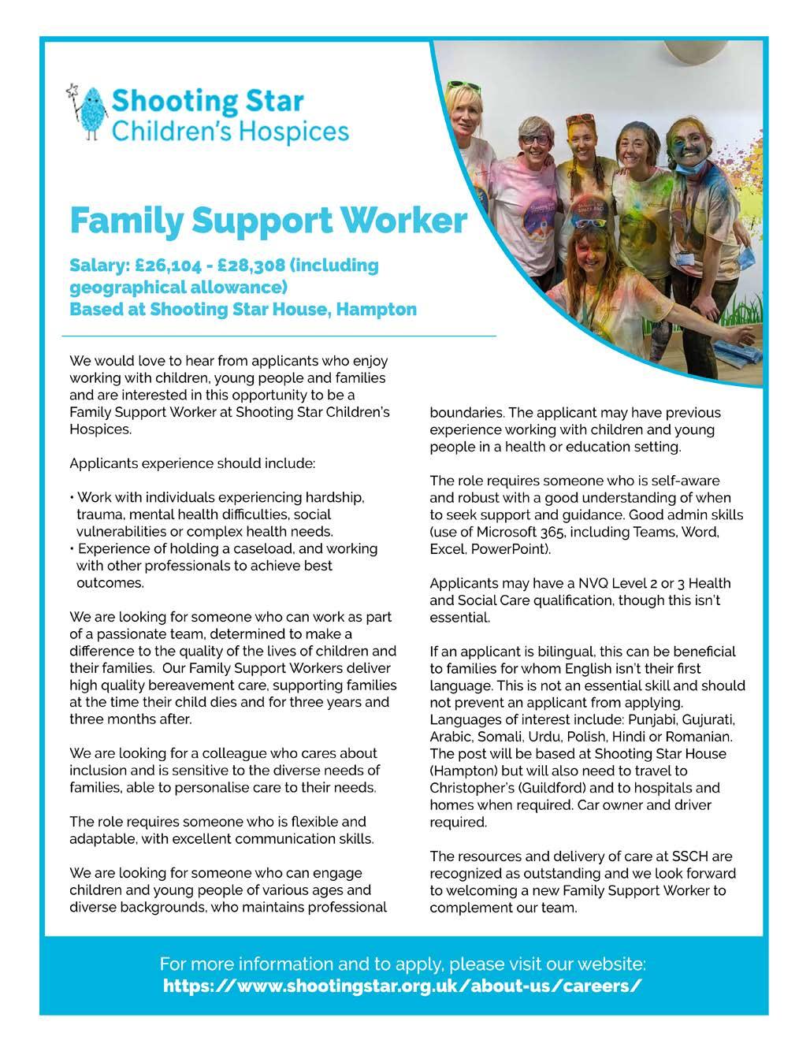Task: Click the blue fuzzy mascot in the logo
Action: (x=92, y=111)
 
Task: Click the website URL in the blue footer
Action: (x=403, y=986)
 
